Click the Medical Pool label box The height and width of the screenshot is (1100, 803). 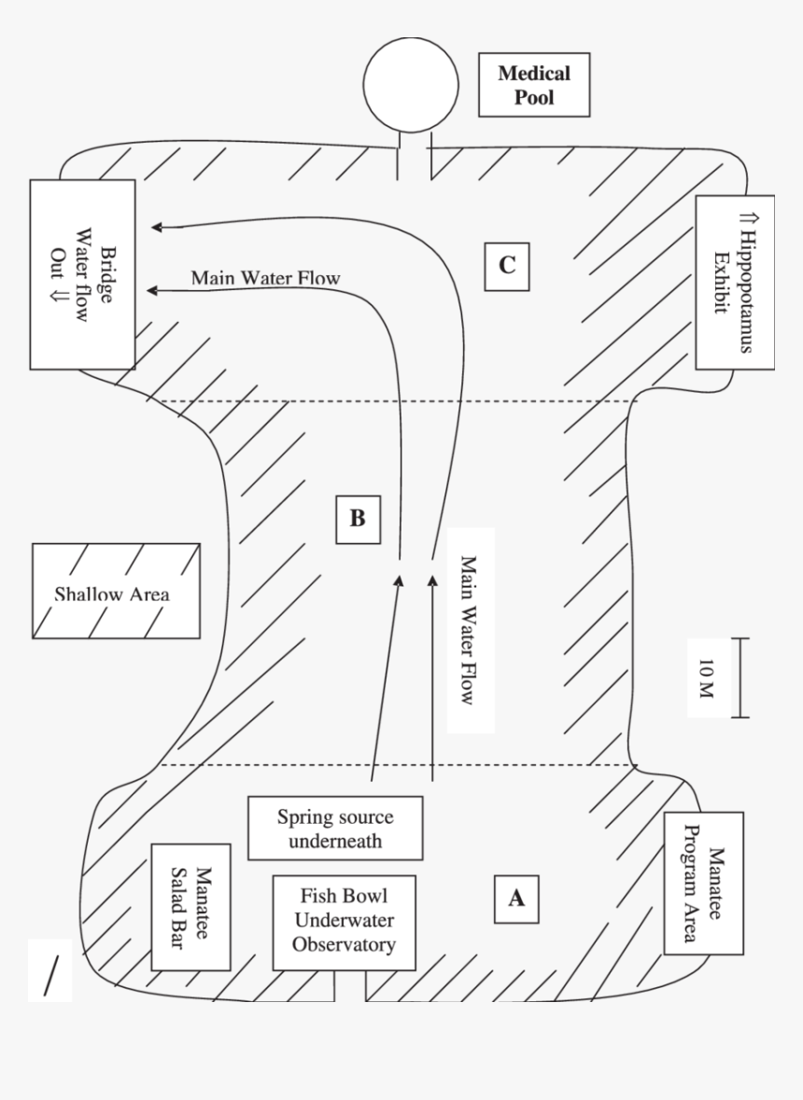click(533, 84)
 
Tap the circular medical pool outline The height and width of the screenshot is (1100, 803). click(411, 82)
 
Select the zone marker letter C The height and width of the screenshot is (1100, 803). click(506, 265)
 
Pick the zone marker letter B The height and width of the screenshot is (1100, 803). click(358, 519)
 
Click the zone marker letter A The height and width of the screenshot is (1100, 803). click(515, 898)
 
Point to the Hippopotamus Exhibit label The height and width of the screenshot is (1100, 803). click(735, 283)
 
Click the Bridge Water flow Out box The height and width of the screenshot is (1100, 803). click(82, 273)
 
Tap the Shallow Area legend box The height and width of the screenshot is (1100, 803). click(115, 592)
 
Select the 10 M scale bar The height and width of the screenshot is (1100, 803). click(740, 677)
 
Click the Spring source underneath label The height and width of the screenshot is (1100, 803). click(334, 828)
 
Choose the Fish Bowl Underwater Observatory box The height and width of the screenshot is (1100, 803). click(345, 920)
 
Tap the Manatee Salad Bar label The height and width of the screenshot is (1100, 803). click(190, 908)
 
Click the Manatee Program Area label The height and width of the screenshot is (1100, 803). click(703, 883)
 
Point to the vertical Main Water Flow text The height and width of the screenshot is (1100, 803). click(470, 630)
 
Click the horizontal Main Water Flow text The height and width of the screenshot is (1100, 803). click(265, 277)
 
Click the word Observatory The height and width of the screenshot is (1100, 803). click(345, 944)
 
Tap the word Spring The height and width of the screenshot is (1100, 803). click(301, 817)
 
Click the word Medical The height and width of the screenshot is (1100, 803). click(533, 73)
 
